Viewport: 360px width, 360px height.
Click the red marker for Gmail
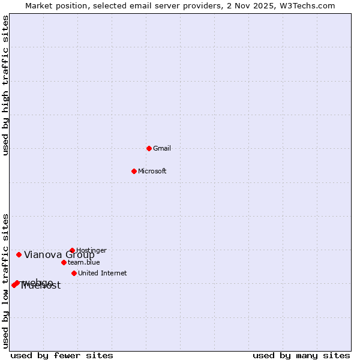click(149, 148)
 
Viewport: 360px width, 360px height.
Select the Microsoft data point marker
click(134, 171)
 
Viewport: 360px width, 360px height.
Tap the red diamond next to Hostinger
click(72, 250)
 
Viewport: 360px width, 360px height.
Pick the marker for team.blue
click(64, 262)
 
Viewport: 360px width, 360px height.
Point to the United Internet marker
click(74, 273)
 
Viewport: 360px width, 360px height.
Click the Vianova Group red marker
click(19, 254)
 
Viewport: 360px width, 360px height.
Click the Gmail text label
click(162, 148)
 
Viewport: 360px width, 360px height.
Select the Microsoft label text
click(152, 171)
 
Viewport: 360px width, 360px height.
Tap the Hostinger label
click(91, 250)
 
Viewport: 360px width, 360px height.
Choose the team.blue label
click(83, 262)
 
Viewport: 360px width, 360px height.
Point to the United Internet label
click(102, 273)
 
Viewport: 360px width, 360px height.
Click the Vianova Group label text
click(59, 254)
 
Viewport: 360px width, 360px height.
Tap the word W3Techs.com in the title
click(310, 5)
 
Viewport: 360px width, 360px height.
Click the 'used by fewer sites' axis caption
click(62, 355)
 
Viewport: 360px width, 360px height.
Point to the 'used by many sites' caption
click(301, 355)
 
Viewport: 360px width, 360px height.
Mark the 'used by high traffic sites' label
click(5, 85)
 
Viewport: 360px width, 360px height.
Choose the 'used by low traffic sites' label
click(5, 281)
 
